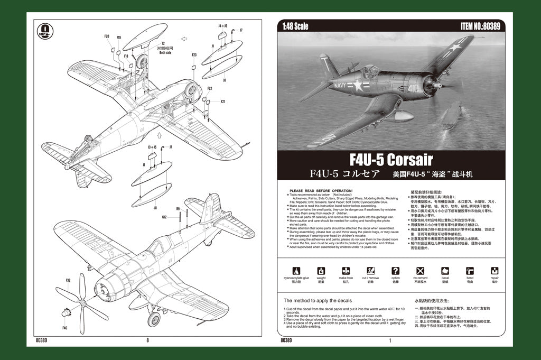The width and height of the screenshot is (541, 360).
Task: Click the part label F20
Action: (107, 36)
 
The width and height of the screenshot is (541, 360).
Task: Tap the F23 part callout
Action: (194, 55)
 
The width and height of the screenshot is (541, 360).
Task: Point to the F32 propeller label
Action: (68, 280)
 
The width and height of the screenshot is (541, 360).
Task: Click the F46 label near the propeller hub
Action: (64, 328)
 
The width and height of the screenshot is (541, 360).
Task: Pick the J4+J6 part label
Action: (222, 25)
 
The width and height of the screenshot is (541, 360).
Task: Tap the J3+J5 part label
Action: (152, 147)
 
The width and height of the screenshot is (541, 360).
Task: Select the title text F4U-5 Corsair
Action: (390, 159)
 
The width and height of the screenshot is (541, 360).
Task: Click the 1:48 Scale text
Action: (295, 26)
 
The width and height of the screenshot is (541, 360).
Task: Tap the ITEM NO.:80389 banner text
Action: (480, 26)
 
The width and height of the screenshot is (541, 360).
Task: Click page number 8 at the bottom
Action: (147, 340)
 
